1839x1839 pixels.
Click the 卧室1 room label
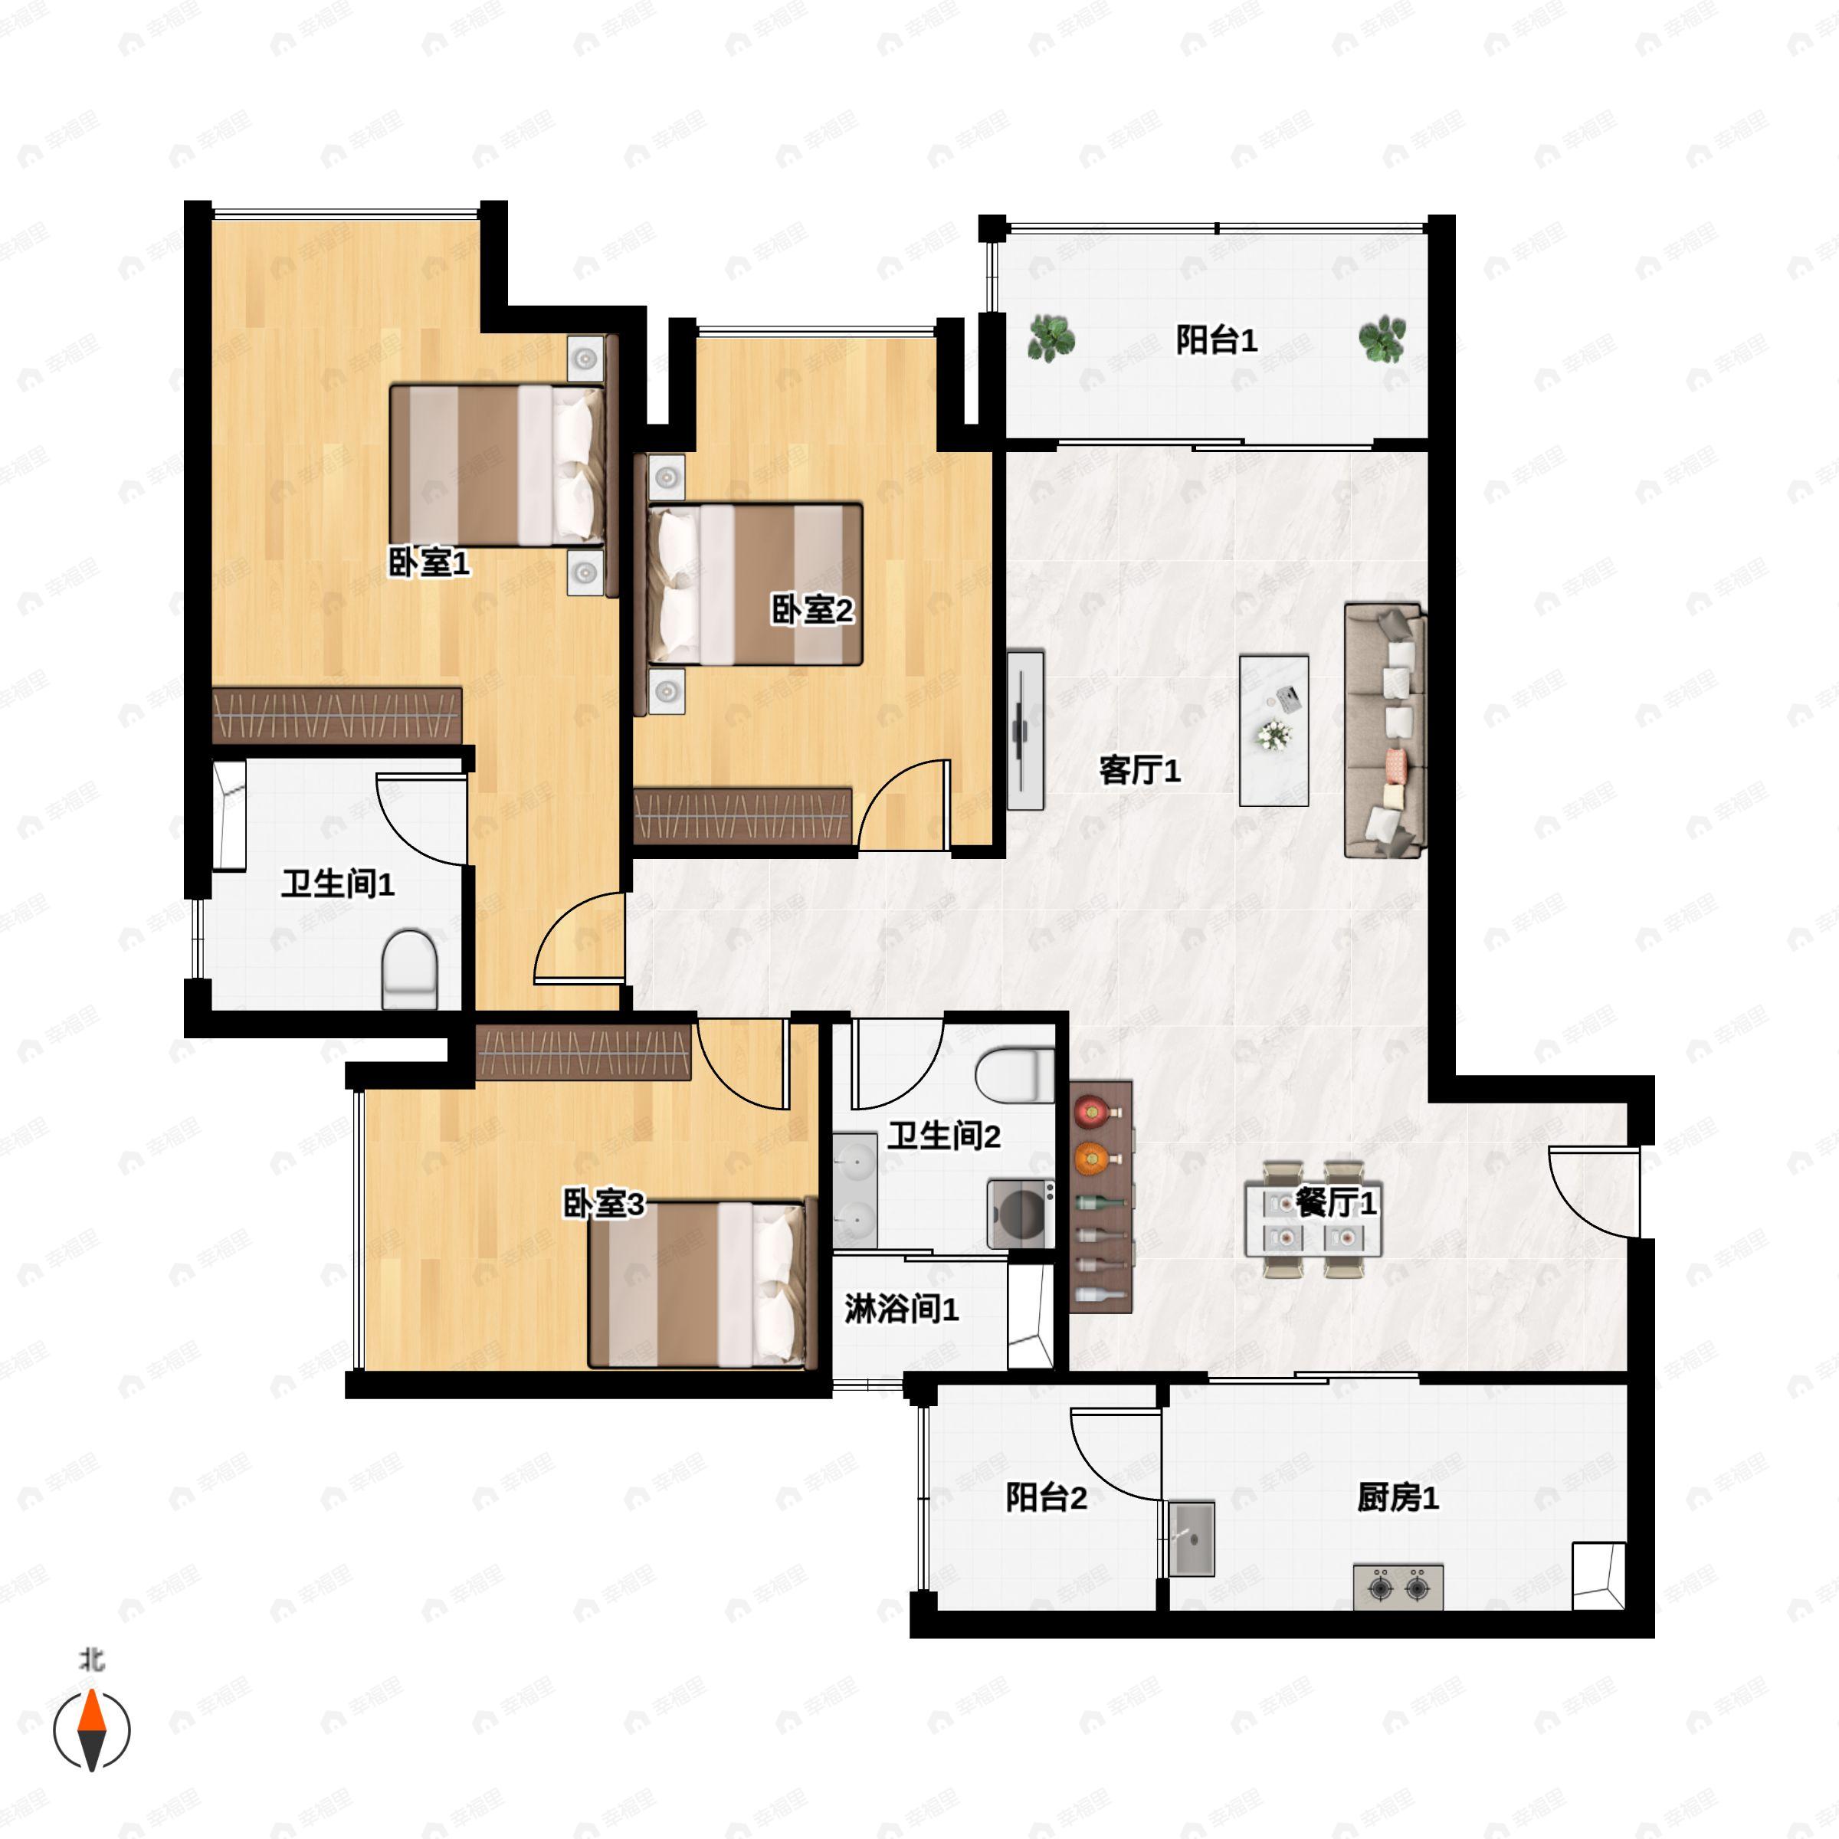(428, 562)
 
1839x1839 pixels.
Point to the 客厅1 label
(1139, 770)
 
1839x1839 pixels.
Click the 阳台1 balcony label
(1217, 339)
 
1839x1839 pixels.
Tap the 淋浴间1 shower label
(900, 1310)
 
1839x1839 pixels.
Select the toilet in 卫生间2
(1015, 1076)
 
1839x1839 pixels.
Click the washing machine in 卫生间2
(1021, 1214)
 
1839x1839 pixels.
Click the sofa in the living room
(1384, 731)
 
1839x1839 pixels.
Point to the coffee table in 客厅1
(1274, 730)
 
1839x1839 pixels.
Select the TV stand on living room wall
(1025, 730)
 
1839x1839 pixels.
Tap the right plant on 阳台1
(1381, 339)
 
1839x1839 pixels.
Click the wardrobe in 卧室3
(582, 1053)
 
